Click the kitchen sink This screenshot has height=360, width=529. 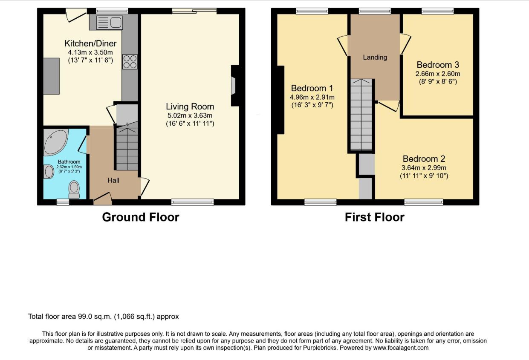(110, 23)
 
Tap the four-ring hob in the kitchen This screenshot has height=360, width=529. (130, 62)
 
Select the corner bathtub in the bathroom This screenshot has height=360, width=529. (56, 142)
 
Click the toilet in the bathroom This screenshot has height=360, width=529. (74, 190)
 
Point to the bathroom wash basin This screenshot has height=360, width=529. (49, 172)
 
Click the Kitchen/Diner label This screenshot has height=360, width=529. (90, 43)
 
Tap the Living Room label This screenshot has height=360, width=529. (190, 107)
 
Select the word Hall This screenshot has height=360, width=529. (113, 180)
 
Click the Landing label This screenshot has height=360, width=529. (375, 57)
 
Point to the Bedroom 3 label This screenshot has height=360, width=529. (438, 65)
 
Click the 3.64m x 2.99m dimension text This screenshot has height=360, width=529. (424, 168)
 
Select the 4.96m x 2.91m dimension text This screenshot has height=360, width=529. (312, 97)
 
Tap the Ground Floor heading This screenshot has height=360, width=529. (141, 217)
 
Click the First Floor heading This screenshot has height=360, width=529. (375, 217)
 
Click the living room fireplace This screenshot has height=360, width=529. (235, 86)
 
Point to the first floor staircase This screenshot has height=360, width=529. (361, 115)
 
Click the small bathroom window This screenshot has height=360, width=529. (63, 202)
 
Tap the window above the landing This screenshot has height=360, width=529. (375, 11)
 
